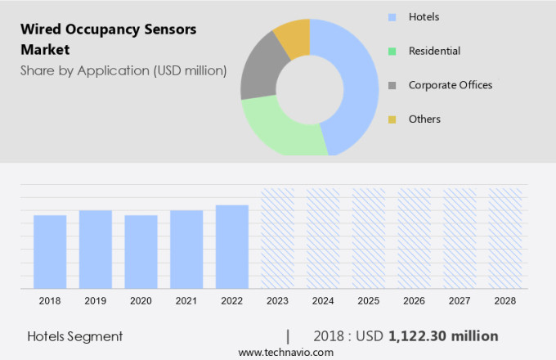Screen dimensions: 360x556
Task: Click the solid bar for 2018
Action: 50,252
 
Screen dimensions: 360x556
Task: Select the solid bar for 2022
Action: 232,247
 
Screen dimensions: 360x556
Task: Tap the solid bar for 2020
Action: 141,252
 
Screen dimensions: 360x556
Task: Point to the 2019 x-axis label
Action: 95,301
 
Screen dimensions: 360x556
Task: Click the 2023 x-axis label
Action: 277,301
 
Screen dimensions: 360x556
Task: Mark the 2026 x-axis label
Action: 414,301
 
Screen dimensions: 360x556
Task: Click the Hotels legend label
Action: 425,16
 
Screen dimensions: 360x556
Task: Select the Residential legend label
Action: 434,51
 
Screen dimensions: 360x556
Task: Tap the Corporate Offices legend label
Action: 451,85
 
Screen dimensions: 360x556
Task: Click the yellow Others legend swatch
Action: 392,119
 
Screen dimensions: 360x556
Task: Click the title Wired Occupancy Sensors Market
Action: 108,39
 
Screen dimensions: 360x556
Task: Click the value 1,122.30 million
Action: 443,336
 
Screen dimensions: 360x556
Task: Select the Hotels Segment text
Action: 74,336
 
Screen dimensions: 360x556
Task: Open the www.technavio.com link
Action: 285,352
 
